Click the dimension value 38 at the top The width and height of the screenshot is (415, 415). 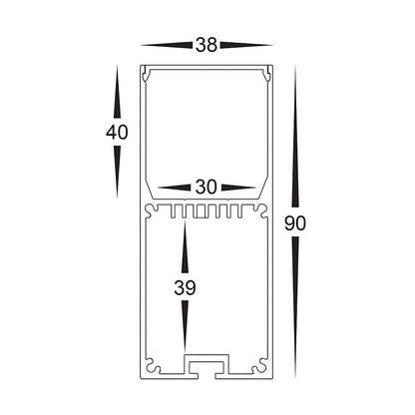coord(206,45)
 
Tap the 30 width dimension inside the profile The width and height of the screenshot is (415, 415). coord(207,187)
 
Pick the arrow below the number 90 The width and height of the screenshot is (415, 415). coord(294,308)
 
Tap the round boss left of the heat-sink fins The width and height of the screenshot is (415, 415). coord(151,211)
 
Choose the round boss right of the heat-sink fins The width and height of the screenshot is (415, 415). coord(261,211)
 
